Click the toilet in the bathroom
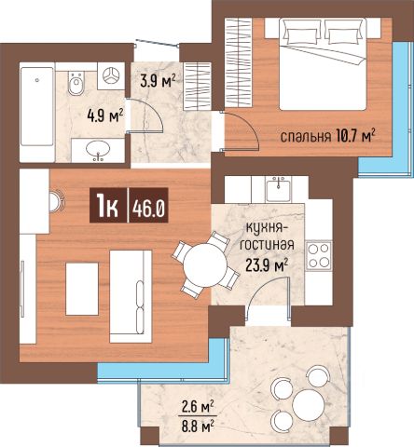[76, 83]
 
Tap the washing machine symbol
[111, 76]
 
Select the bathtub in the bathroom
[37, 106]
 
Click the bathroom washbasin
[98, 150]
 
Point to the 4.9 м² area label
[105, 115]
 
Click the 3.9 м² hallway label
[159, 81]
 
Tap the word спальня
[306, 137]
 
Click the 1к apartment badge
[107, 205]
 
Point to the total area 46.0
[148, 206]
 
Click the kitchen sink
[278, 189]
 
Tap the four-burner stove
[319, 255]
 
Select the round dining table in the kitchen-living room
[205, 265]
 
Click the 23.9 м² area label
[267, 264]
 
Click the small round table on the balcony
[309, 405]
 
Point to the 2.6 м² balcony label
[198, 407]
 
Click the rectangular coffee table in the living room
[82, 289]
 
